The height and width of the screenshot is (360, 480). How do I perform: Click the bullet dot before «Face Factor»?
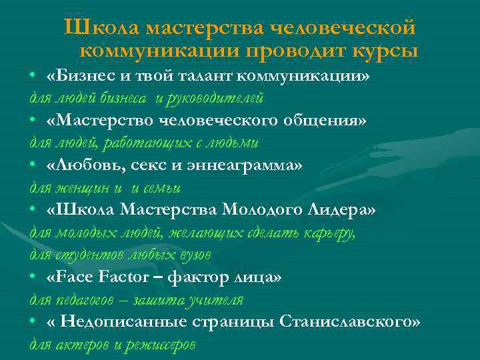pyautogui.click(x=33, y=277)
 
